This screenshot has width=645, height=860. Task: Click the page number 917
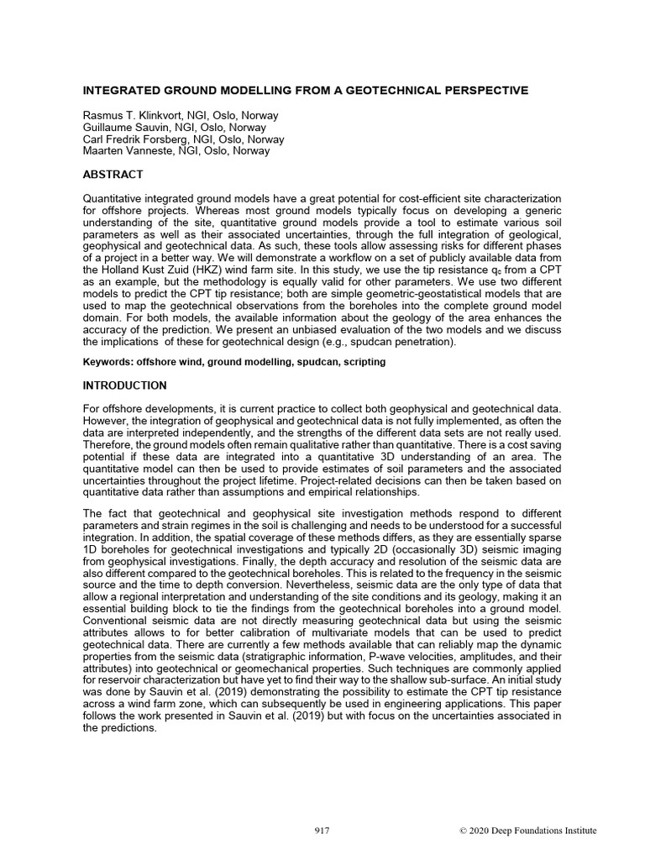[x=322, y=831]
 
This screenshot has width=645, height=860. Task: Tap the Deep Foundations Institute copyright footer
[x=527, y=831]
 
